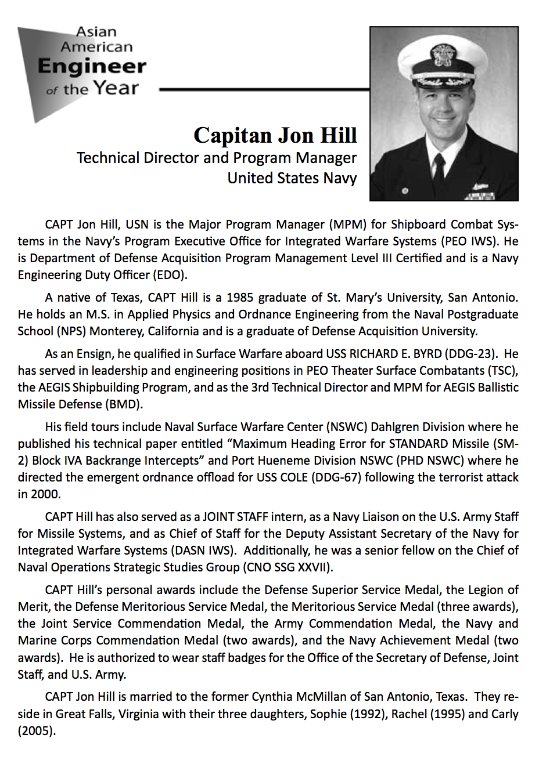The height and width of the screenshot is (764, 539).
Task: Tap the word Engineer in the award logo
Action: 92,66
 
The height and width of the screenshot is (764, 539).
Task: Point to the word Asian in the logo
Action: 96,32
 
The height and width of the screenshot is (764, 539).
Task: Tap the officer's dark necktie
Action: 439,165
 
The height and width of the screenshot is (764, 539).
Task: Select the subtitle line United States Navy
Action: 292,178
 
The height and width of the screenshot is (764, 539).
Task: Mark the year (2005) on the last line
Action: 36,731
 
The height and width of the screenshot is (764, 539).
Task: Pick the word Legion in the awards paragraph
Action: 486,590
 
